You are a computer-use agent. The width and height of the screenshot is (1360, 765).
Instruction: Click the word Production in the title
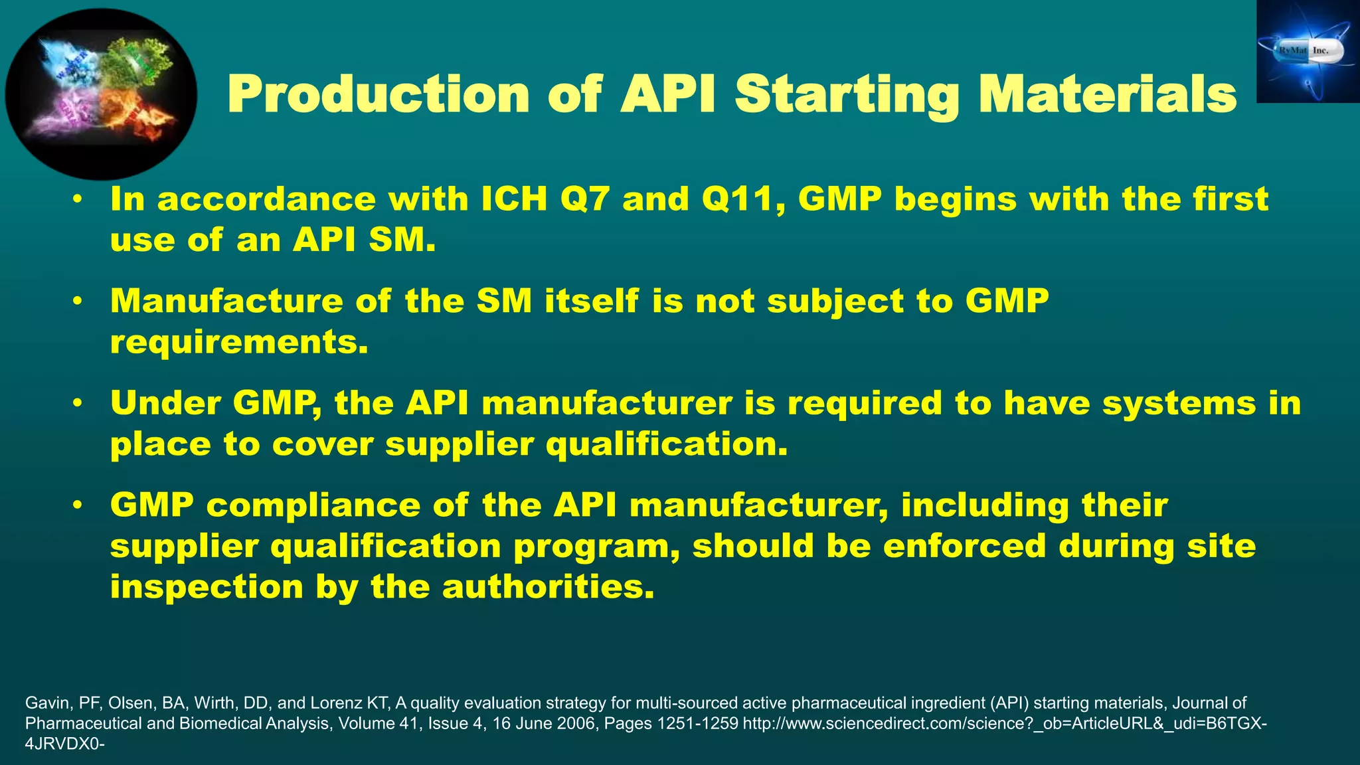click(x=379, y=94)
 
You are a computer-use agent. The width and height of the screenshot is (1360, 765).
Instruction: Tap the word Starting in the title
click(x=846, y=94)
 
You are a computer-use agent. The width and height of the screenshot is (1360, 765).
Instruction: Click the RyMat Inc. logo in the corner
click(x=1308, y=52)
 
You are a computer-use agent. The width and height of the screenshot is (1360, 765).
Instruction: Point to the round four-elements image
click(x=101, y=94)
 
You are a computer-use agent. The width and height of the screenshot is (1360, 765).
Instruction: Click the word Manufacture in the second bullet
click(x=226, y=301)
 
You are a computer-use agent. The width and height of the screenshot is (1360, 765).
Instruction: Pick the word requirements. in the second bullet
click(x=239, y=342)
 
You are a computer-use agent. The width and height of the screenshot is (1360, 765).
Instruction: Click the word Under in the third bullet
click(x=165, y=403)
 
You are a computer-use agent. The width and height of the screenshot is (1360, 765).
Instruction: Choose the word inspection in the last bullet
click(x=207, y=587)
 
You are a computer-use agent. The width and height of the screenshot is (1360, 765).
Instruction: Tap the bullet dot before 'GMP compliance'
click(x=78, y=505)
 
